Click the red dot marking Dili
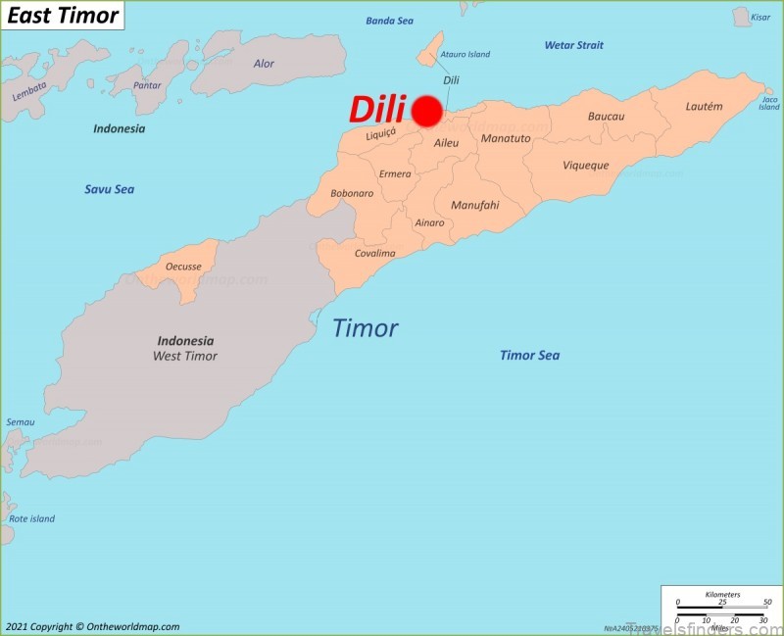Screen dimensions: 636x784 [426, 111]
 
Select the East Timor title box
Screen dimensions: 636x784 [63, 15]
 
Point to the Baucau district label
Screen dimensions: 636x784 [606, 117]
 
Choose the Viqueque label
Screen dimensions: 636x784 [585, 166]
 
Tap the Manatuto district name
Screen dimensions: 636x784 [506, 138]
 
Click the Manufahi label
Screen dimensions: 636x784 [474, 206]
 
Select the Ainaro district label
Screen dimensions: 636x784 [429, 222]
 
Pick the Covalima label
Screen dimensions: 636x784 [374, 253]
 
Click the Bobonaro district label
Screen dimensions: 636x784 [352, 193]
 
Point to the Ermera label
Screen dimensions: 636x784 [395, 174]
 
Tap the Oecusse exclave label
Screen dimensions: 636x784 [183, 265]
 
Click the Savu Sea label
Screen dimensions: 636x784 [109, 189]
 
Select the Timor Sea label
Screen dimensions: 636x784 [529, 355]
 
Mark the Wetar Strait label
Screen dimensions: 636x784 [574, 45]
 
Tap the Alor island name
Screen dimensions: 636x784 [264, 64]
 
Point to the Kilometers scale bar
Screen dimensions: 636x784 [722, 603]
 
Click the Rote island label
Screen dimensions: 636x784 [31, 518]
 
